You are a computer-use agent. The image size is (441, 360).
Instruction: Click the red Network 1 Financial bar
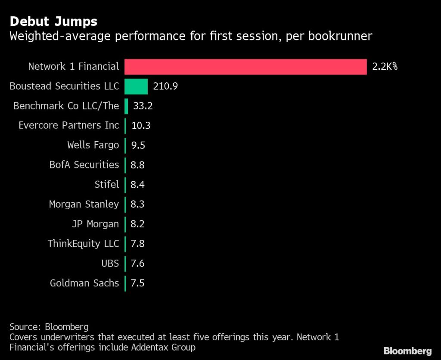click(x=245, y=67)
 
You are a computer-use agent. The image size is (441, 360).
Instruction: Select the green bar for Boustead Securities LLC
click(x=136, y=86)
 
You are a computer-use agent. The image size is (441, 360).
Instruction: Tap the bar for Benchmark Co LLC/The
click(x=127, y=106)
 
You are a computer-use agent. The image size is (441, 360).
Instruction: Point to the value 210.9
click(x=166, y=86)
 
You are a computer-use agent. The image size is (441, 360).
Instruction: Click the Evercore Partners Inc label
click(x=68, y=125)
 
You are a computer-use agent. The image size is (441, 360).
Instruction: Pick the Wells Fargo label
click(x=93, y=145)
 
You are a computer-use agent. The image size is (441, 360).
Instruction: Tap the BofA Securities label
click(x=84, y=164)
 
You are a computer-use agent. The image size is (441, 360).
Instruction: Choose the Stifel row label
click(x=106, y=184)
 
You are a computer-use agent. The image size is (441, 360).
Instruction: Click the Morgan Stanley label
click(x=84, y=204)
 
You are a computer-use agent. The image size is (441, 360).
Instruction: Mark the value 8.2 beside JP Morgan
click(x=137, y=224)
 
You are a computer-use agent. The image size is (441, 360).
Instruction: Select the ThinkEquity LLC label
click(x=83, y=244)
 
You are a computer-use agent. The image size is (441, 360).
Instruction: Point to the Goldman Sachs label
click(x=84, y=283)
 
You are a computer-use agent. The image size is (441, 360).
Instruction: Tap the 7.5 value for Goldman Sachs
click(x=137, y=283)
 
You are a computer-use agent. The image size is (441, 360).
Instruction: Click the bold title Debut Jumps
click(x=53, y=21)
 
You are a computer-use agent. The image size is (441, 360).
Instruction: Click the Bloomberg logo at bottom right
click(x=407, y=351)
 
